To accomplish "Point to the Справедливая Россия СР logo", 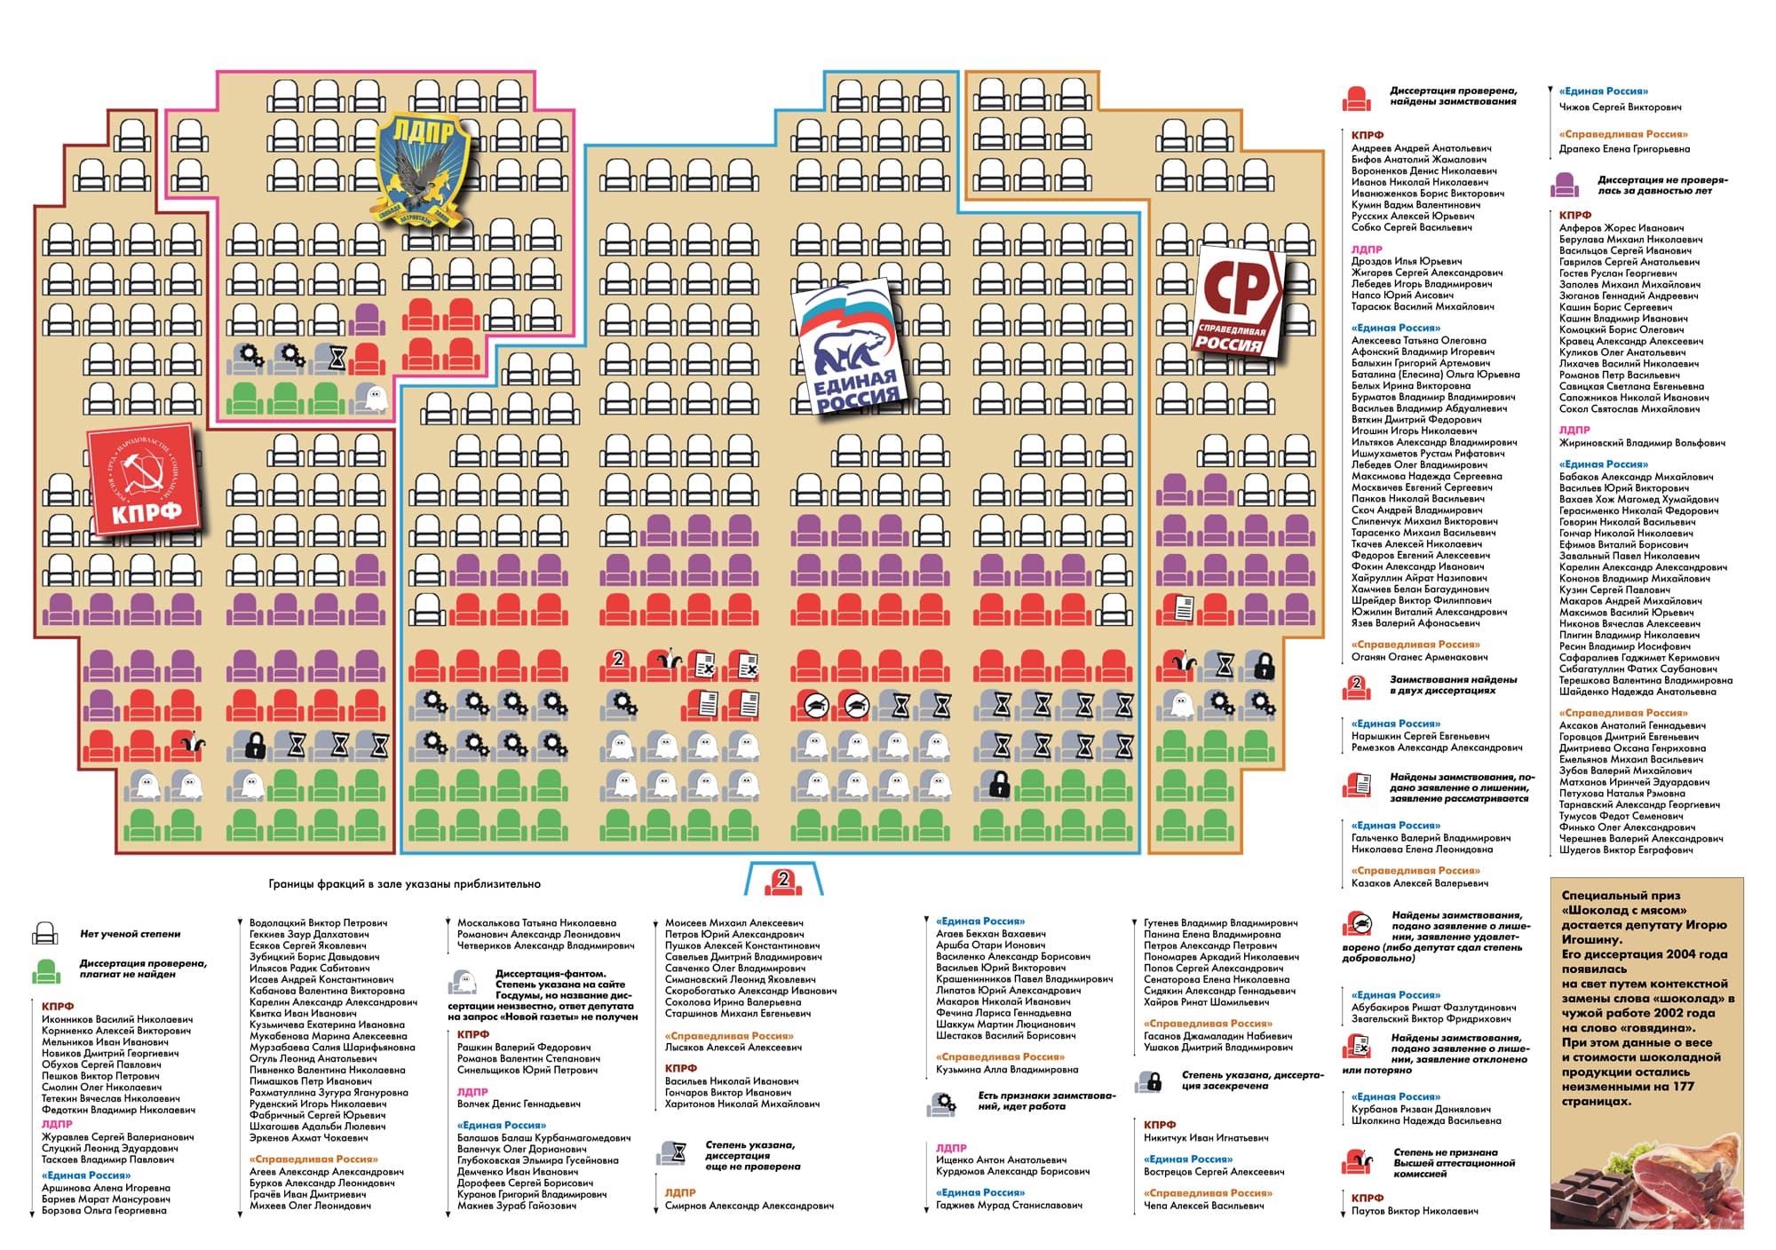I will point(1238,302).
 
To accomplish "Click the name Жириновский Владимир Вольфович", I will point(1642,443).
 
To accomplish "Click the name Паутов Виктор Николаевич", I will point(1415,1211).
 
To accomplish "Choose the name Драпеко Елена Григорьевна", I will point(1624,149).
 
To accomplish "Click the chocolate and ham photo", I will point(1646,1181).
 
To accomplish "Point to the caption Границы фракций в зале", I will point(404,884).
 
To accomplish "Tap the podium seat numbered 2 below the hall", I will point(782,882).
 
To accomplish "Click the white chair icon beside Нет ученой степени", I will point(44,934).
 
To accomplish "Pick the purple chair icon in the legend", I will point(1565,186).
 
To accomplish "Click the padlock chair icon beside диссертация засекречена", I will point(1150,1080).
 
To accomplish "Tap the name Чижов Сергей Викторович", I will point(1620,107).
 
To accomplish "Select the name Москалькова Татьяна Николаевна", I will point(536,923).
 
